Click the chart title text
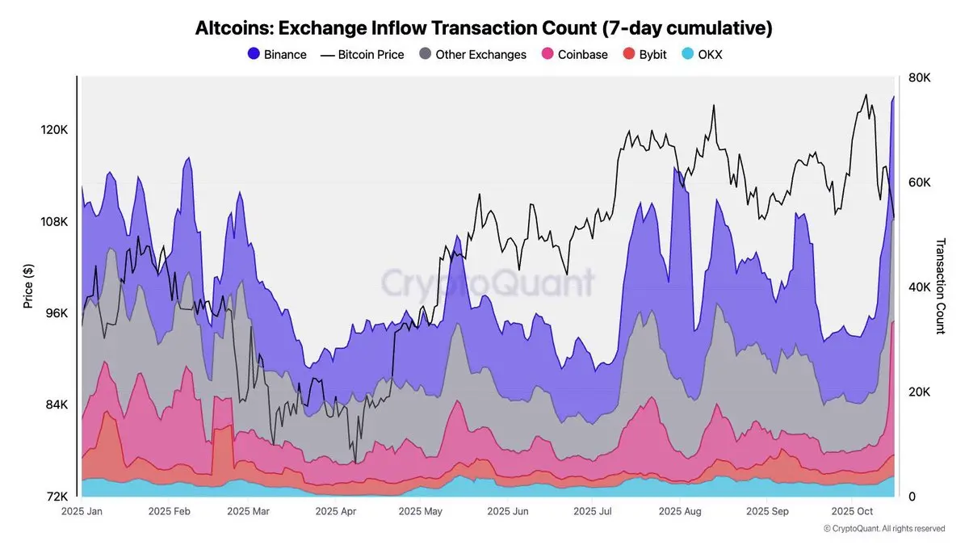(x=484, y=28)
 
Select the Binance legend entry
(x=277, y=55)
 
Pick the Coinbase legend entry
(x=574, y=55)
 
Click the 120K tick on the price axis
(x=54, y=130)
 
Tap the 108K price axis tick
(x=54, y=221)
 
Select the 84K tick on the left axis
(x=56, y=405)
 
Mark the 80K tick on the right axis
(x=920, y=78)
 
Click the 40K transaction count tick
(x=920, y=287)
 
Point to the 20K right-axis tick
(x=920, y=392)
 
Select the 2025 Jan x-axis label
(x=82, y=511)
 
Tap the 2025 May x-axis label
(x=421, y=511)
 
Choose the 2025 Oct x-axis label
(x=853, y=511)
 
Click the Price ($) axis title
(x=28, y=287)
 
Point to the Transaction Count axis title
(x=940, y=286)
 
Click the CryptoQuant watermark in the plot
(x=487, y=283)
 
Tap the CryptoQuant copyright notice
(x=883, y=529)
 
